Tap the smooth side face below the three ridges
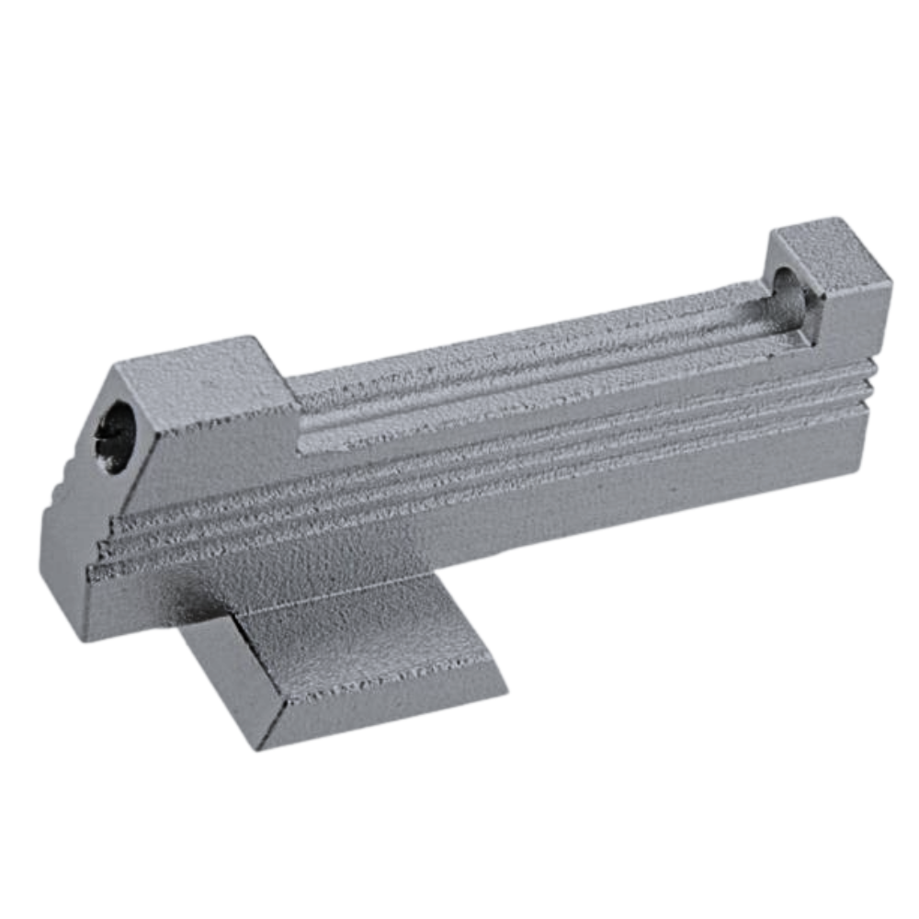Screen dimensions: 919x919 click(x=515, y=524)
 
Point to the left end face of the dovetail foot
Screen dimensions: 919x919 click(x=221, y=680)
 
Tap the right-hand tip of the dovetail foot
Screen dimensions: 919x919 click(x=505, y=685)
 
